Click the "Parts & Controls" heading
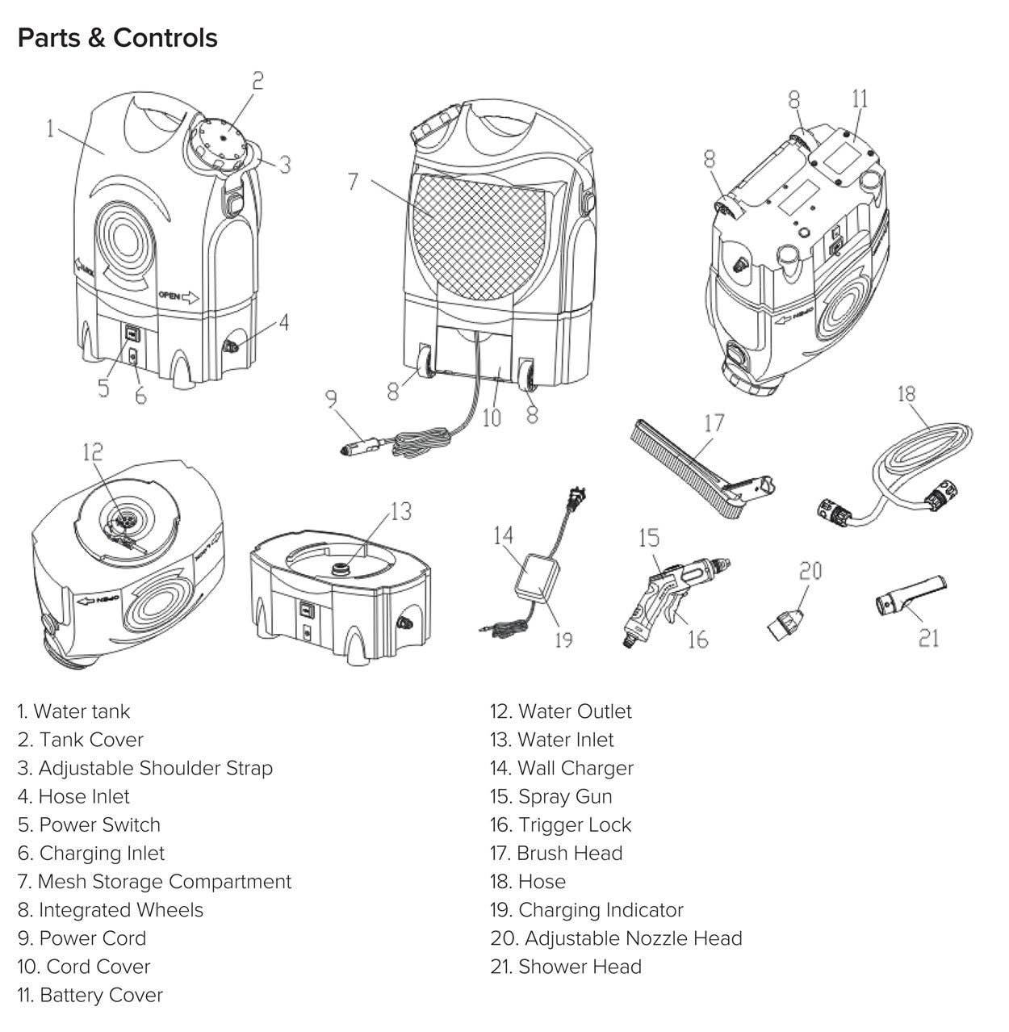118,38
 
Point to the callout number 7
353,181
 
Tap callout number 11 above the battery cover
860,99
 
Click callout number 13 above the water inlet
400,511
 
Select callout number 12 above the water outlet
92,452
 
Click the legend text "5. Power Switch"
89,824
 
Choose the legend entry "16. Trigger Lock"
560,824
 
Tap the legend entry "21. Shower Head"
565,967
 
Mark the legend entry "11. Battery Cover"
90,995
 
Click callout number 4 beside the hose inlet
283,322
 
